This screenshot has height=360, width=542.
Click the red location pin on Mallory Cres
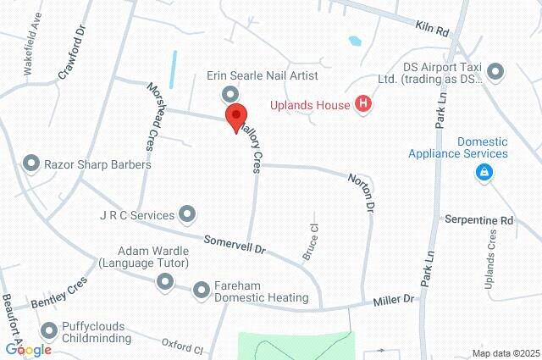[x=235, y=117]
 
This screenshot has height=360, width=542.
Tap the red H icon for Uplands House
[x=364, y=105]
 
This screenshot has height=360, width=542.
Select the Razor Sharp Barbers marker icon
[x=32, y=163]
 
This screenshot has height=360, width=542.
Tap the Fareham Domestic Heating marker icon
[x=202, y=291]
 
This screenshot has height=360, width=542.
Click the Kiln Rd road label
[x=432, y=29]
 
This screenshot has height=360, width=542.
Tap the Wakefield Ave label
[x=40, y=53]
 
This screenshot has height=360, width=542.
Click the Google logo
[x=28, y=350]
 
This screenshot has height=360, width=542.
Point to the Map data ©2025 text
[x=505, y=353]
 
